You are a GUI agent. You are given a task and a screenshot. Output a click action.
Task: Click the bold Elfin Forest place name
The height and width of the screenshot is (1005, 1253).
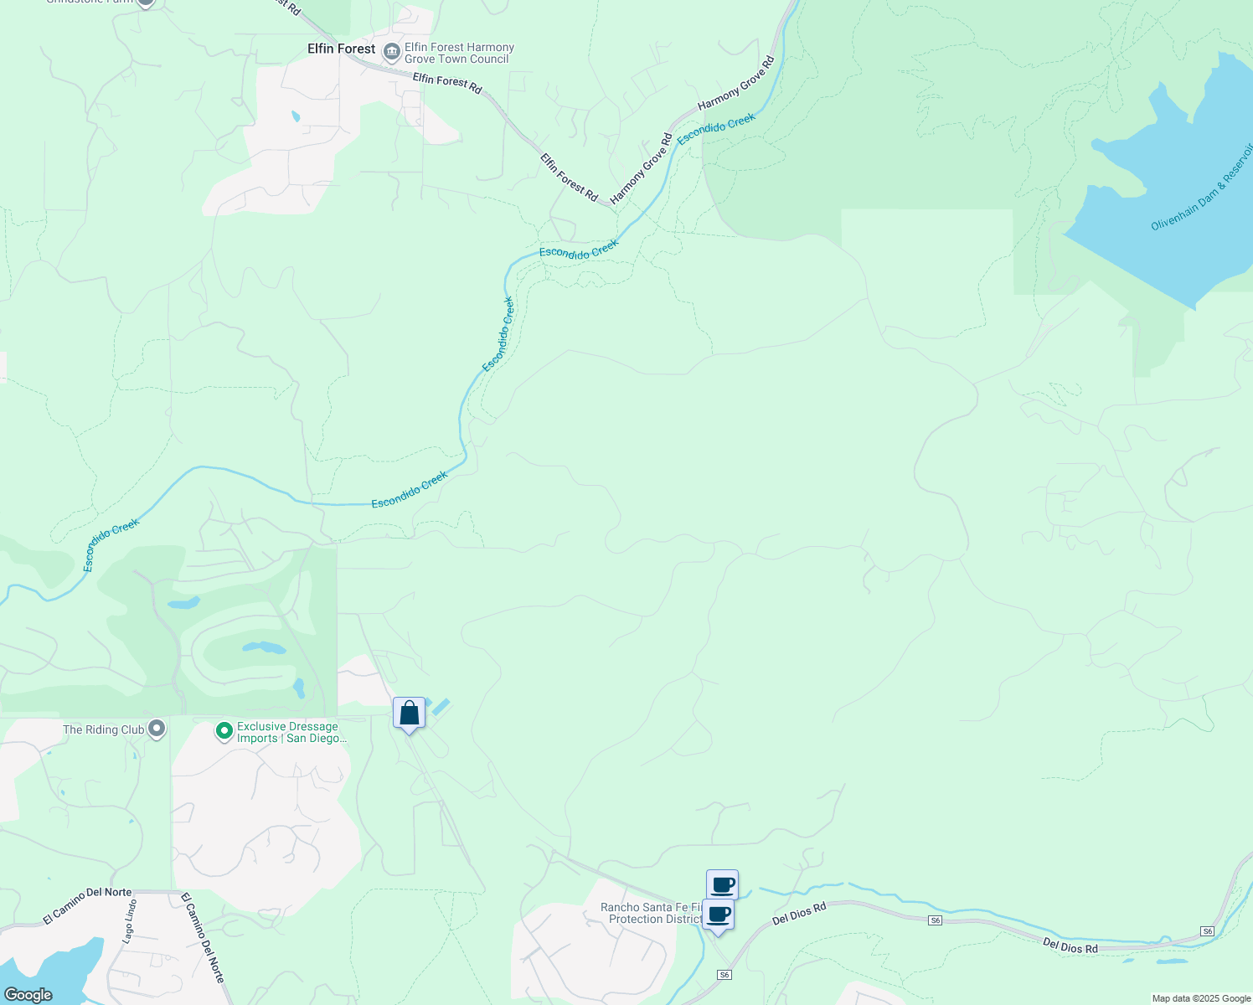341,49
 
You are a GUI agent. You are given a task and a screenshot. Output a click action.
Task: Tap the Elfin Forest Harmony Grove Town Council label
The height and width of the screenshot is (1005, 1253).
459,54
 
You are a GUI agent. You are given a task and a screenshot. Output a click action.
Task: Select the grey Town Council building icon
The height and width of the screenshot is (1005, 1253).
391,53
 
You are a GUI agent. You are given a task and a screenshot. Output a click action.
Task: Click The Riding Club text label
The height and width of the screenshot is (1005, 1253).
104,730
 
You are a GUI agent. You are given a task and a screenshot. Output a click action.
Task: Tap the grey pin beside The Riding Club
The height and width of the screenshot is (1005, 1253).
157,729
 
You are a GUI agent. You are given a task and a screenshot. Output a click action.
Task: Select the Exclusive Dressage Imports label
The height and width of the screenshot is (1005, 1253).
290,733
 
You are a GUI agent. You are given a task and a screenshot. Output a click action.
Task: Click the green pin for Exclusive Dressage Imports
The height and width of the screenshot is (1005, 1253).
224,732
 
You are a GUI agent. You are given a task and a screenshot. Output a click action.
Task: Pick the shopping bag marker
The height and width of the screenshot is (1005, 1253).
409,714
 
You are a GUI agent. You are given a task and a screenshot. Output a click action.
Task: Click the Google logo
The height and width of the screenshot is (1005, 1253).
28,995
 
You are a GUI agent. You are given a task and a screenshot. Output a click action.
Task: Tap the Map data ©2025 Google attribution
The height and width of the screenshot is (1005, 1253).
1201,998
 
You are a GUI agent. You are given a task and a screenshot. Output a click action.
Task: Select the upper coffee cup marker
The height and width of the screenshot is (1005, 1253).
722,885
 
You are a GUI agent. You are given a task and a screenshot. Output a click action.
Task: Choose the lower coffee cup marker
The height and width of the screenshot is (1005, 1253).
718,915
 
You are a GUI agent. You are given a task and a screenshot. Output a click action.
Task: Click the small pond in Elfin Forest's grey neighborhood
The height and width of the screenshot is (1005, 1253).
295,116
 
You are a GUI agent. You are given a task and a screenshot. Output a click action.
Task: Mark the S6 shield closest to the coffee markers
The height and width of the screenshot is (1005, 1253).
724,975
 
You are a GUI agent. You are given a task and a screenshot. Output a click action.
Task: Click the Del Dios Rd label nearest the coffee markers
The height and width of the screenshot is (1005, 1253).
799,913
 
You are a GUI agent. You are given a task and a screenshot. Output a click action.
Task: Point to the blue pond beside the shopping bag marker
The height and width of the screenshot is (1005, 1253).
441,706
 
